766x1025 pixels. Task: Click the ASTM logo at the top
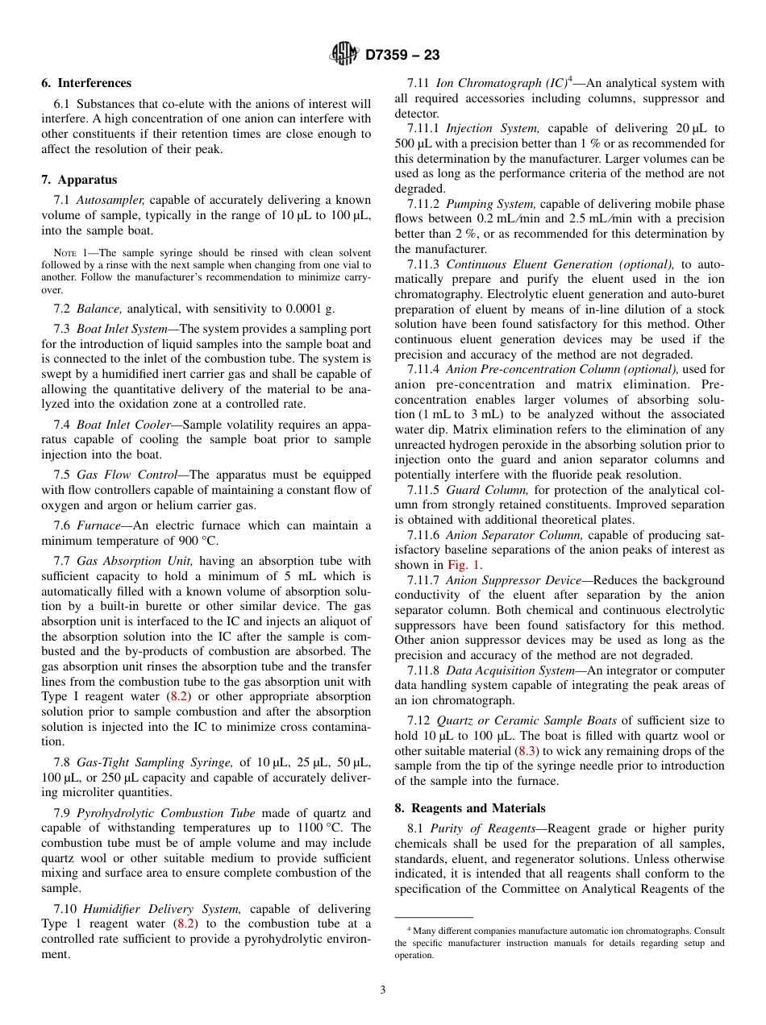click(344, 54)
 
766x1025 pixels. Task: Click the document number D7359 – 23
click(402, 55)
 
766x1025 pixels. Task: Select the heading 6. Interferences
click(86, 83)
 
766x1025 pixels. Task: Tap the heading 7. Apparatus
click(79, 180)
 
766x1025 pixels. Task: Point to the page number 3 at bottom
click(383, 990)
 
